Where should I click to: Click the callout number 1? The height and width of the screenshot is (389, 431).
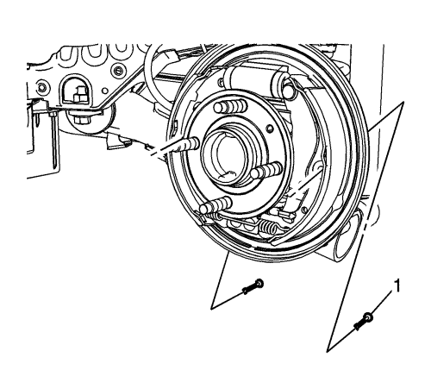[x=397, y=286]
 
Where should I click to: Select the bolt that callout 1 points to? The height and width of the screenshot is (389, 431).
[x=364, y=322]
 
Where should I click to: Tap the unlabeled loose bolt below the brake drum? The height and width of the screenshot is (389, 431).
[x=253, y=286]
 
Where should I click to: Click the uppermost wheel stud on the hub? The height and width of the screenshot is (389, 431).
[x=230, y=107]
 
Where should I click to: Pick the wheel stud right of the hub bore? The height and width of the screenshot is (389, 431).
[x=265, y=171]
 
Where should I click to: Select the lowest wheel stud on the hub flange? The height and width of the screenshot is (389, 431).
[x=215, y=204]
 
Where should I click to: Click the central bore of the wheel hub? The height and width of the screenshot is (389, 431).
[x=231, y=157]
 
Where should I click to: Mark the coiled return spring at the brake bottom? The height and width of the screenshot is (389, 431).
[x=269, y=224]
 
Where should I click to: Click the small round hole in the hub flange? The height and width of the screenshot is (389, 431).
[x=270, y=129]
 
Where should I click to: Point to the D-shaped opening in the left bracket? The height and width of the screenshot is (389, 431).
[x=72, y=91]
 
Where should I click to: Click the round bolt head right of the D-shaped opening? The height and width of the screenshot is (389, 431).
[x=118, y=70]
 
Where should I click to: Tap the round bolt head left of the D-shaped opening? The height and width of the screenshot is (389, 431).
[x=41, y=87]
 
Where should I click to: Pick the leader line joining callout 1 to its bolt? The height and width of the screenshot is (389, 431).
[x=382, y=302]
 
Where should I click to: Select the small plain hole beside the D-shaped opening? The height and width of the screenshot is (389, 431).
[x=105, y=91]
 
